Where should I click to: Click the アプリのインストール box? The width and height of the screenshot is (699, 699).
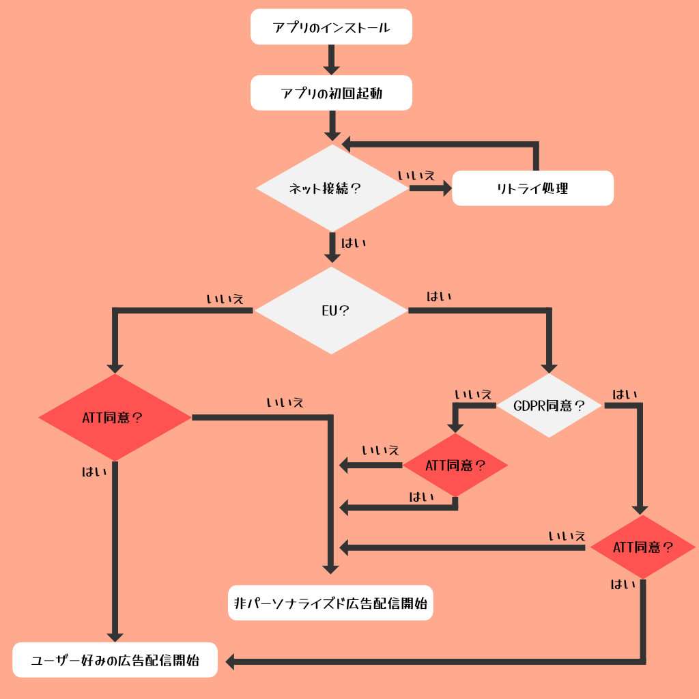pos(331,28)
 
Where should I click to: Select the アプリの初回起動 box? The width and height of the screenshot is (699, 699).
pos(331,93)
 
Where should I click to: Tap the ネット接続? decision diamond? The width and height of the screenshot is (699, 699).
pos(331,188)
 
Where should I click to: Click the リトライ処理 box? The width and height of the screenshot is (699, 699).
pos(532,188)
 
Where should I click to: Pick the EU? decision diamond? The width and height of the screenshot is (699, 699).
pos(331,311)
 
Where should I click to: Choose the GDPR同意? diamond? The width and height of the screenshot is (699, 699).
pos(548,405)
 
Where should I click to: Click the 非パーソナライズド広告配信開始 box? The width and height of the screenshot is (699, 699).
pos(330,603)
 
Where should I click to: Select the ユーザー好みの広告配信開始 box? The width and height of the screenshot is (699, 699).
pos(115,660)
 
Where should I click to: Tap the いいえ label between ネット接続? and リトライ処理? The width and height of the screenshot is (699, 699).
pos(416,175)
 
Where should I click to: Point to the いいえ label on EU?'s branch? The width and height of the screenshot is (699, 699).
pos(225,298)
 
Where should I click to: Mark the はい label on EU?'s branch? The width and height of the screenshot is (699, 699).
pos(439,297)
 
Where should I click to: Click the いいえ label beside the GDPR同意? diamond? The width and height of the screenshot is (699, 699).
pos(473,394)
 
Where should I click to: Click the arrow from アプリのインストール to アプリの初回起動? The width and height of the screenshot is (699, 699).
pos(331,59)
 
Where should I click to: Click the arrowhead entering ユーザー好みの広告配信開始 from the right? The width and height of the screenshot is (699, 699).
pos(231,661)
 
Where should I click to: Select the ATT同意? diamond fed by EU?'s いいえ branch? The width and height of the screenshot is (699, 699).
pos(114,417)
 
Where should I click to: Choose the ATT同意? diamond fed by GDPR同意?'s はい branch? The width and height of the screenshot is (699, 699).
pos(642,547)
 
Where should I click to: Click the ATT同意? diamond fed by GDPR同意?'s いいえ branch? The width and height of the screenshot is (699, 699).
pos(455,466)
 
